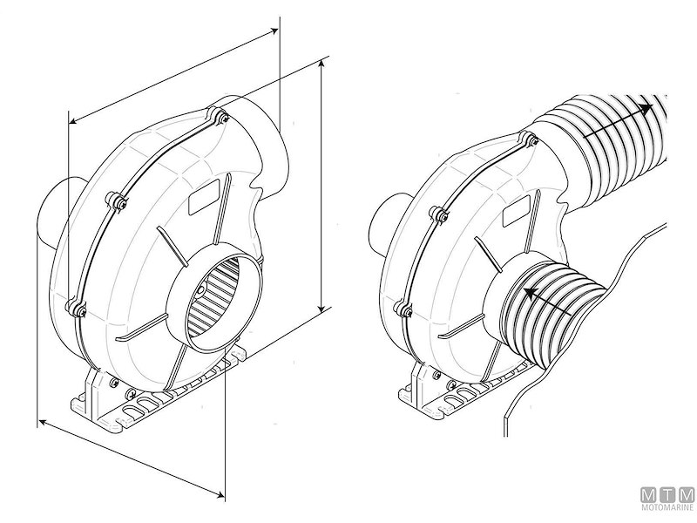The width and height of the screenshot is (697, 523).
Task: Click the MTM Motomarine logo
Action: (x=667, y=498)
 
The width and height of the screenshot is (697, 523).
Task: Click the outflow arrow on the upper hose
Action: (x=618, y=120)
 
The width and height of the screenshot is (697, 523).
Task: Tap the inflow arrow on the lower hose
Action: (x=548, y=302)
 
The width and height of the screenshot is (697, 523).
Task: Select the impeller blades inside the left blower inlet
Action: (x=213, y=299)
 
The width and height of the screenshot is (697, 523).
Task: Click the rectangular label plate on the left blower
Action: (x=205, y=198)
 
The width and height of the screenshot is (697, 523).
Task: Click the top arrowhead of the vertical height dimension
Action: (x=322, y=64)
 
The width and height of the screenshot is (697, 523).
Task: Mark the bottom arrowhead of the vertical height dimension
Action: (x=322, y=308)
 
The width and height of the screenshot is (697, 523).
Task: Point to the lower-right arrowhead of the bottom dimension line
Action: (x=220, y=494)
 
